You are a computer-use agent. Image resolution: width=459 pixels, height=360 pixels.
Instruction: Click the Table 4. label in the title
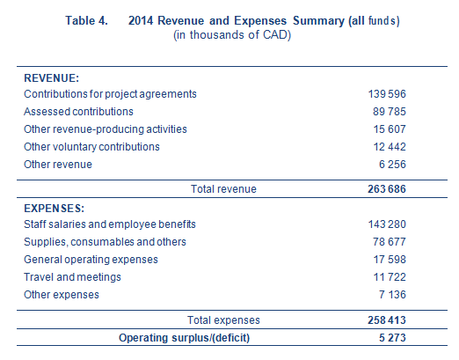86,20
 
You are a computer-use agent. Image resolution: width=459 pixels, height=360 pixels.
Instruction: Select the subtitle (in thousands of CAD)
232,35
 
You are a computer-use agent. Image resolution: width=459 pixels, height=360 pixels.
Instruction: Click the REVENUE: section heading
52,78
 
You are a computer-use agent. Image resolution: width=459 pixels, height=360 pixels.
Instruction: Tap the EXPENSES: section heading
55,209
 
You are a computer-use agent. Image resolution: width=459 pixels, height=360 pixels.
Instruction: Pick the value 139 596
387,94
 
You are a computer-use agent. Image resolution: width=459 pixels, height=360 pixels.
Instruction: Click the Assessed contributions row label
78,112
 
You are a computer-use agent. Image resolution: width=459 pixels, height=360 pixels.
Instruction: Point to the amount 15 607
390,129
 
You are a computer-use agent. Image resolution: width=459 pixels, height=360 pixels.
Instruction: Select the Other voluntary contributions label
91,147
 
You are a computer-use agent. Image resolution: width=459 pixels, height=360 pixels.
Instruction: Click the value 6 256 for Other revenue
392,165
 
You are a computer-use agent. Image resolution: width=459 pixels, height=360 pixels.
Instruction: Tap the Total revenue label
223,189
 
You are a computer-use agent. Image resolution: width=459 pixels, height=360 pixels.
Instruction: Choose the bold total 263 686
387,189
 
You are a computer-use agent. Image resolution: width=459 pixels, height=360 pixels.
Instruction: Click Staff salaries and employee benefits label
110,224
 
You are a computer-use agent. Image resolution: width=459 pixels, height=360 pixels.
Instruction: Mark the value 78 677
390,242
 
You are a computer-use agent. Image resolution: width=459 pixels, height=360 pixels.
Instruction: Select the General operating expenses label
91,260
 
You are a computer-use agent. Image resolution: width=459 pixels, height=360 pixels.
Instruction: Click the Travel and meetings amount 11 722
390,277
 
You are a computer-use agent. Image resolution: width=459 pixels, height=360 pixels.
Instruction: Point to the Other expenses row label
62,295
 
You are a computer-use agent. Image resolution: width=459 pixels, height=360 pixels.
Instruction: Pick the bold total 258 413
387,320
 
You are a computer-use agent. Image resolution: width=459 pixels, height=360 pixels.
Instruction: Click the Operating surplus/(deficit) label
184,338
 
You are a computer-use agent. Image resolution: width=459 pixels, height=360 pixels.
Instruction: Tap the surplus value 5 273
392,338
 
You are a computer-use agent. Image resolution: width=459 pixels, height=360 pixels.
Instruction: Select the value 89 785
390,112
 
